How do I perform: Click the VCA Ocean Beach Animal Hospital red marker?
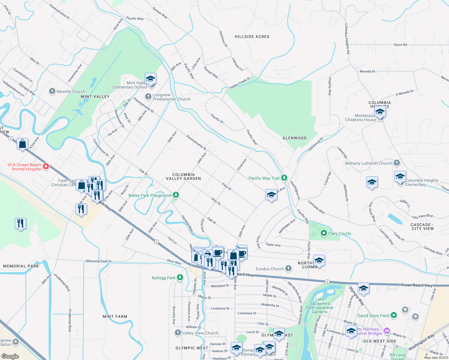46,166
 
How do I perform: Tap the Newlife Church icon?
52,91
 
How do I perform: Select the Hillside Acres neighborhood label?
252,37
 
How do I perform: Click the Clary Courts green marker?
324,233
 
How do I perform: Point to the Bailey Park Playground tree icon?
176,195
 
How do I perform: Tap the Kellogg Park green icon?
180,277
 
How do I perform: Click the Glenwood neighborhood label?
294,138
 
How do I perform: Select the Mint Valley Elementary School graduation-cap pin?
150,79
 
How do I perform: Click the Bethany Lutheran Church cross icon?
397,163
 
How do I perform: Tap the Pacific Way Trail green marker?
284,178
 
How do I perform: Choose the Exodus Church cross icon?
288,268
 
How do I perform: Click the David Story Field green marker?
394,315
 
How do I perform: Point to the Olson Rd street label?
400,45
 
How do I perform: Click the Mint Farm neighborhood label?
115,316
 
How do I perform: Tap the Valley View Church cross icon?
178,333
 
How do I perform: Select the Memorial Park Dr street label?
98,261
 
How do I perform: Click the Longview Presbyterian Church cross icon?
148,97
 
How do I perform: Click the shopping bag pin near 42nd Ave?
23,144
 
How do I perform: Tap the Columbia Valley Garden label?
183,176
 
